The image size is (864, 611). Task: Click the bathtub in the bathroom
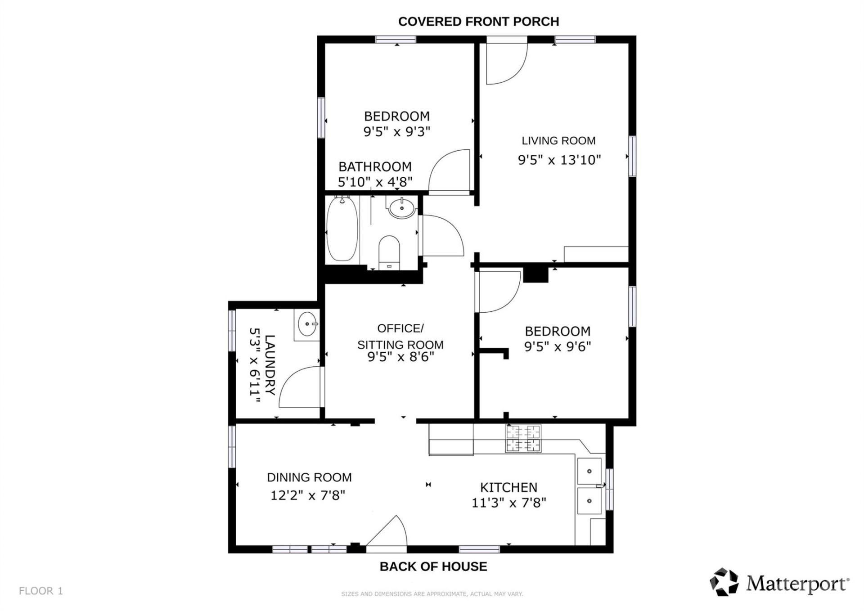click(342, 229)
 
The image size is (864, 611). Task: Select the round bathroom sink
click(401, 208)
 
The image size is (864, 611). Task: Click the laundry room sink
click(307, 324)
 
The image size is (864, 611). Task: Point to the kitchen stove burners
click(523, 438)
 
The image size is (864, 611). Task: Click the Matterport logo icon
click(724, 582)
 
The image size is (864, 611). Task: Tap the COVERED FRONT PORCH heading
click(478, 22)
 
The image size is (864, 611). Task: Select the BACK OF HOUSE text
click(433, 566)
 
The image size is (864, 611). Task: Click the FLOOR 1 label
click(41, 591)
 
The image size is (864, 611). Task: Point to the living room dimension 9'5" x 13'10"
click(559, 160)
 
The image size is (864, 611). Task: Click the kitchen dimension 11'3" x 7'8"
click(508, 503)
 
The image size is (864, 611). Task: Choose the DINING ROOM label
click(309, 477)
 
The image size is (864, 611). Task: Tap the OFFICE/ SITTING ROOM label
click(400, 337)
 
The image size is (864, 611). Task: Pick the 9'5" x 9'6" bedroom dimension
click(557, 347)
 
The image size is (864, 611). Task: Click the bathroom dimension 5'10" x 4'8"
click(375, 182)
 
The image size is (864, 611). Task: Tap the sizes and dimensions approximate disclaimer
click(432, 594)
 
